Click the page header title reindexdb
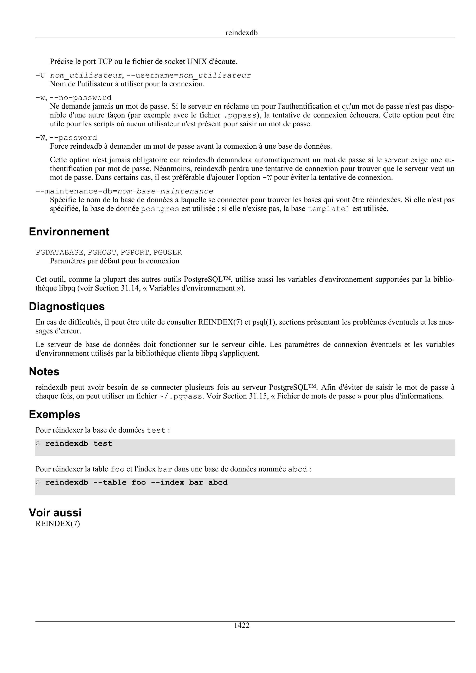(x=241, y=33)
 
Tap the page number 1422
(x=241, y=625)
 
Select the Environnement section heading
(x=69, y=232)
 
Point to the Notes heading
(x=44, y=371)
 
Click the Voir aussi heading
(x=55, y=512)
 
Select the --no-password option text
(x=80, y=98)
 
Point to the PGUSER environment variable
(x=168, y=252)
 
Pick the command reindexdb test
(x=79, y=444)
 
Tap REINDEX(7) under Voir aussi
(x=57, y=523)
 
